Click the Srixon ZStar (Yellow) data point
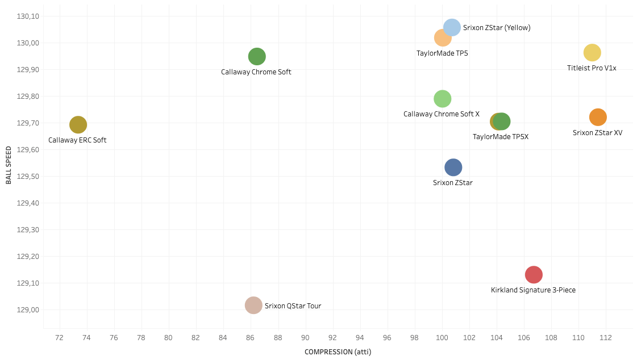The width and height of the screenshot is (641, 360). [452, 27]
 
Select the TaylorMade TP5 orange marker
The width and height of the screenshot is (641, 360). [442, 38]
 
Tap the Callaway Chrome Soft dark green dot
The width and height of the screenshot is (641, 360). [257, 56]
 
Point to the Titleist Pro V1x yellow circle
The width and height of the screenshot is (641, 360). [592, 53]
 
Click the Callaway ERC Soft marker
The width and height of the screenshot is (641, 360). [78, 124]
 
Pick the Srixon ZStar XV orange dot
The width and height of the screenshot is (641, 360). [598, 117]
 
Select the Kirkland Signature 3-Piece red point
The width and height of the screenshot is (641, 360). [534, 275]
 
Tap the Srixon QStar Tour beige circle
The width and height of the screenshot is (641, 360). [253, 305]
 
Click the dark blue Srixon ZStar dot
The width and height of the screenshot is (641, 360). [453, 167]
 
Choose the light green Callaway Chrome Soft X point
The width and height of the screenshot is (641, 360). [442, 99]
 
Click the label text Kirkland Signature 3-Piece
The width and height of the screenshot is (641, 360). [533, 290]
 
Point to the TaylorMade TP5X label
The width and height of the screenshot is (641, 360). [501, 137]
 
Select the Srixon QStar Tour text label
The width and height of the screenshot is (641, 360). [293, 306]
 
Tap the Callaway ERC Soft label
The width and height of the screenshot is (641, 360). [77, 140]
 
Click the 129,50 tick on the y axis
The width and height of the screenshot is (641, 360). [27, 177]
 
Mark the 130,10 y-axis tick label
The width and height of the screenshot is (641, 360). [27, 16]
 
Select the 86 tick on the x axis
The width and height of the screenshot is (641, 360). [251, 338]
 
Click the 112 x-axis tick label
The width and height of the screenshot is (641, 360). [606, 338]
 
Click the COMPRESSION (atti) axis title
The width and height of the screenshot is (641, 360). [338, 352]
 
